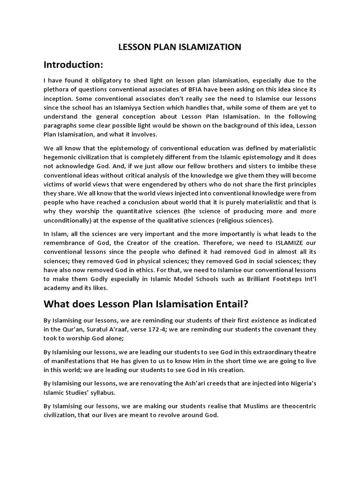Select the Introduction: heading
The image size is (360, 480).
(73, 64)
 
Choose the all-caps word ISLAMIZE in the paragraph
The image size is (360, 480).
(280, 243)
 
